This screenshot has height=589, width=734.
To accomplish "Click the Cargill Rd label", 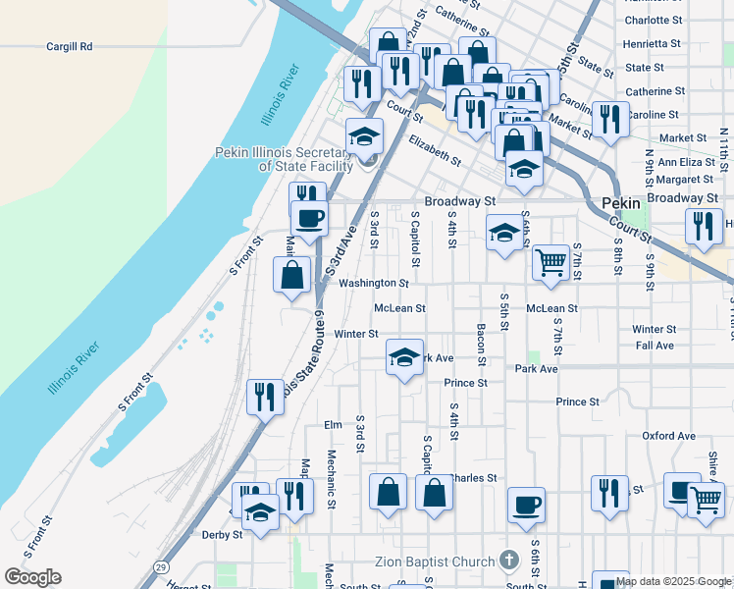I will click(69, 46).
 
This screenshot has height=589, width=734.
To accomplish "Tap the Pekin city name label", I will click(620, 201).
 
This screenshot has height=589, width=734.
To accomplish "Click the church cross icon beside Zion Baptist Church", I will click(508, 561).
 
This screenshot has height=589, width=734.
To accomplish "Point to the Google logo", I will click(32, 577).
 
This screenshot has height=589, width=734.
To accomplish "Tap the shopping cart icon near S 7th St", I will click(551, 262).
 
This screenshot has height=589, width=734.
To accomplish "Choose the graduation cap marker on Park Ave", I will click(404, 358).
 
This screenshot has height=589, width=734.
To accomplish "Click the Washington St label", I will click(373, 284).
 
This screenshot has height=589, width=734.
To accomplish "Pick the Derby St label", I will click(222, 535).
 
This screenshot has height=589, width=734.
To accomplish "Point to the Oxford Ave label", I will click(668, 436).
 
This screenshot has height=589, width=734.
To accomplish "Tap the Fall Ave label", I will click(655, 346).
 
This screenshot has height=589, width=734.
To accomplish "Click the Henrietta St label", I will click(653, 44).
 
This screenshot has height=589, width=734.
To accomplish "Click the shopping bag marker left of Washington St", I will click(292, 276).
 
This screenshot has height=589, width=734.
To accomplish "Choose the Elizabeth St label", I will click(435, 149).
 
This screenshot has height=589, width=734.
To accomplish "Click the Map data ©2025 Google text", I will click(674, 581).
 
